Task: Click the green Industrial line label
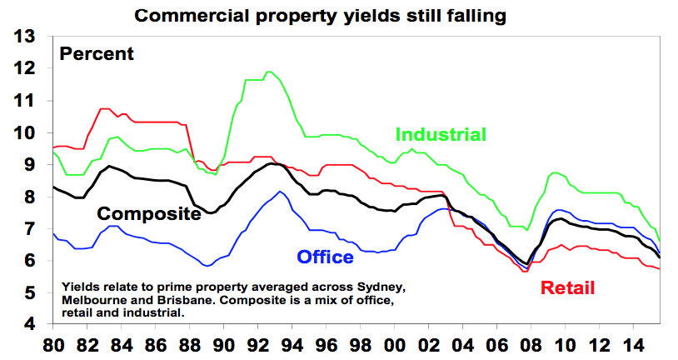[x=440, y=134]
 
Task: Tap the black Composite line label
[x=151, y=214]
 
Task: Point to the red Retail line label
[x=568, y=288]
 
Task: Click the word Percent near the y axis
[x=96, y=54]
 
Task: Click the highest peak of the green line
[x=268, y=72]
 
